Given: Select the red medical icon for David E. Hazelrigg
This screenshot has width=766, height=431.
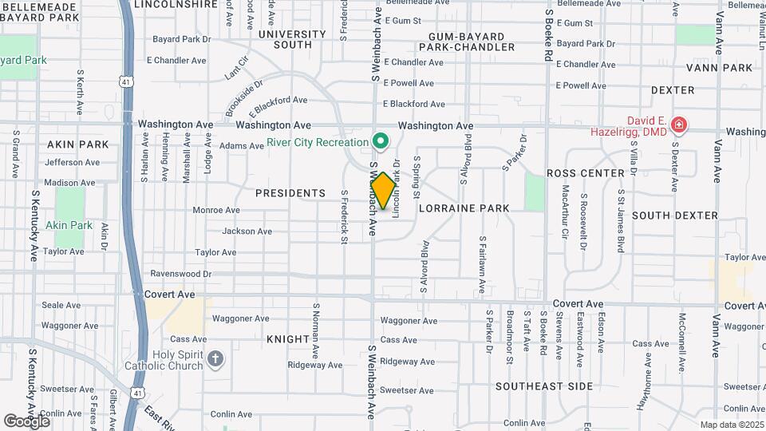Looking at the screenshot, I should (x=678, y=125).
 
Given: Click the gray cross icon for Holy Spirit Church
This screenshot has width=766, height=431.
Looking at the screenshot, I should (x=215, y=360).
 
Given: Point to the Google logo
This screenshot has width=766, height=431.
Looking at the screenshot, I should (x=27, y=421).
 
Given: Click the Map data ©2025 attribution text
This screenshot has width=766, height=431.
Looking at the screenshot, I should (x=730, y=425).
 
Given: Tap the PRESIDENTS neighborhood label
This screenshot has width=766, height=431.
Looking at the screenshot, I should (x=290, y=193).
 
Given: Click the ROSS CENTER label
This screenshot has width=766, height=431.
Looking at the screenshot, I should (x=585, y=173).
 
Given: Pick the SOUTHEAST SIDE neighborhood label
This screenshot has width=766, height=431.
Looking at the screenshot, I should (x=543, y=386).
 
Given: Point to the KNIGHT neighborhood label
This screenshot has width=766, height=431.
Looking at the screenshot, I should (x=287, y=339).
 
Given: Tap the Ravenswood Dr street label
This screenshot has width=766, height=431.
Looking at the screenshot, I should (x=180, y=274).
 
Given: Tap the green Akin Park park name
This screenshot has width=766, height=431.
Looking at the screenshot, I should (x=69, y=225).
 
